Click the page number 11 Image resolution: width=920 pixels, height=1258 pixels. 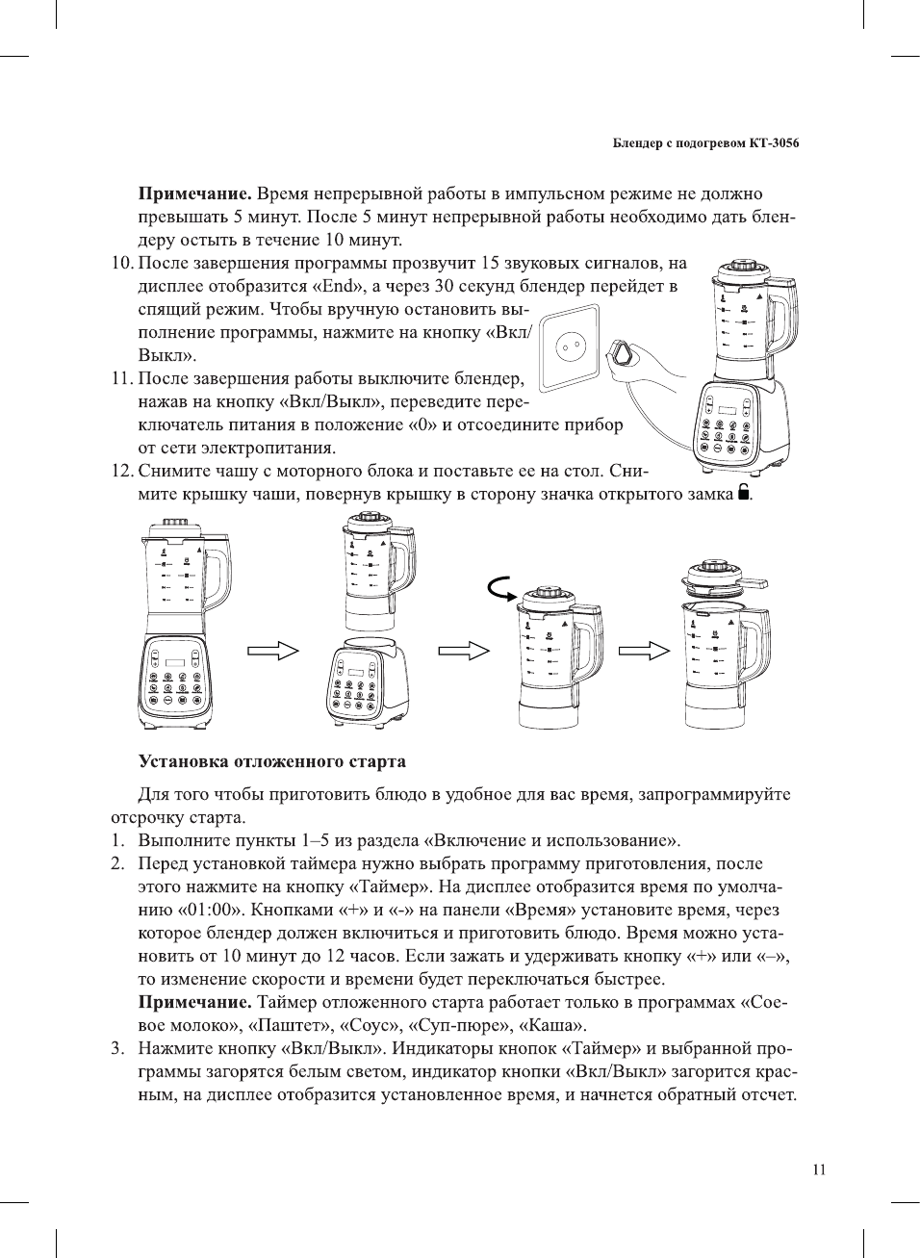click(x=818, y=1169)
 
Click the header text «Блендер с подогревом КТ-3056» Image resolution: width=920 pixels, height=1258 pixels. click(x=705, y=143)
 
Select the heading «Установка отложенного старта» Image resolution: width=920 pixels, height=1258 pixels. click(x=272, y=761)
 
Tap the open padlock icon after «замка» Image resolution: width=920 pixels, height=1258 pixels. click(x=743, y=494)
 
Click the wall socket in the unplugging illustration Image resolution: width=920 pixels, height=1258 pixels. click(x=569, y=347)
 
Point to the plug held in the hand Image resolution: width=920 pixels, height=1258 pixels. click(x=626, y=353)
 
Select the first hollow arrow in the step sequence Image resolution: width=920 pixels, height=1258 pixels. click(x=273, y=651)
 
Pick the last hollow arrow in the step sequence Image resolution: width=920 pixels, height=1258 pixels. click(x=644, y=651)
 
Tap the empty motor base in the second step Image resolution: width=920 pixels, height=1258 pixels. click(x=367, y=683)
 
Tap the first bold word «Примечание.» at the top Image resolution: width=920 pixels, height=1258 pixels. click(x=195, y=193)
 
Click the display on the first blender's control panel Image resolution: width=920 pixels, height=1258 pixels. click(x=175, y=662)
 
